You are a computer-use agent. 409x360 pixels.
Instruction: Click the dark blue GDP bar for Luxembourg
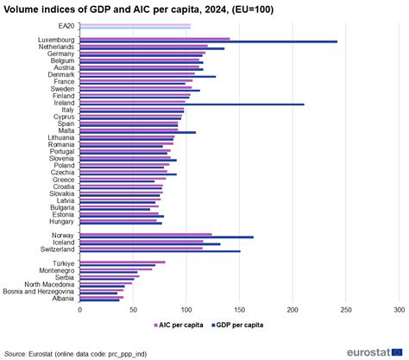[207, 41]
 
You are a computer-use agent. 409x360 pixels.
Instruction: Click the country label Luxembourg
[57, 40]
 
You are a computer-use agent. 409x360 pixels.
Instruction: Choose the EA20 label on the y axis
[66, 27]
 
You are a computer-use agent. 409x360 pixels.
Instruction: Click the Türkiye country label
[63, 262]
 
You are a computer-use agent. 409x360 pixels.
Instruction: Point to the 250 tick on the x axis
[346, 309]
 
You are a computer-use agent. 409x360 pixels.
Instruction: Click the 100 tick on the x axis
[186, 309]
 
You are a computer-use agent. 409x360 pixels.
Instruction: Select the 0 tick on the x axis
[79, 309]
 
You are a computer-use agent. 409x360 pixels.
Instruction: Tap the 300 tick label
[400, 309]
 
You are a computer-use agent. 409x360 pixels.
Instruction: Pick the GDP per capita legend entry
[238, 325]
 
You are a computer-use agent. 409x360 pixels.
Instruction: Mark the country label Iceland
[64, 243]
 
